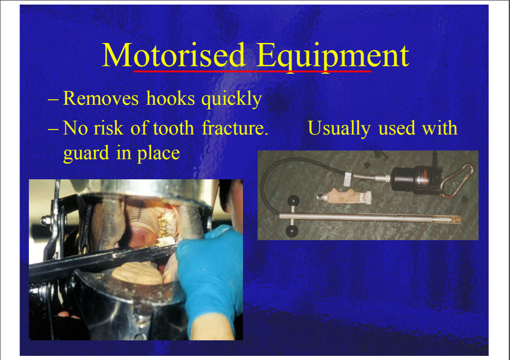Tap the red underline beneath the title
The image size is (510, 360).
click(252, 70)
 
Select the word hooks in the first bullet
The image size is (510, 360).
click(171, 98)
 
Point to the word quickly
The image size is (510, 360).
click(231, 99)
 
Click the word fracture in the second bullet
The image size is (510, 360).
click(235, 128)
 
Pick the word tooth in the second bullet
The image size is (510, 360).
click(173, 128)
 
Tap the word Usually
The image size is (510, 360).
click(339, 129)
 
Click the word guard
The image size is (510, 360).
click(86, 154)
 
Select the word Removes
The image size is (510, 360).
click(101, 98)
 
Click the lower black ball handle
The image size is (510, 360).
click(292, 231)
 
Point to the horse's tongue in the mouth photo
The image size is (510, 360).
click(137, 273)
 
